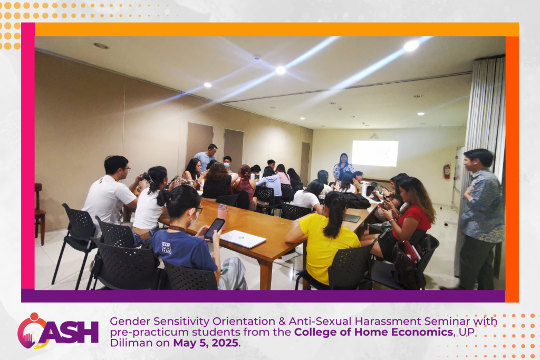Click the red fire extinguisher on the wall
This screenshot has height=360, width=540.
point(447,171)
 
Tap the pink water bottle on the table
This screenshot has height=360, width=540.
point(223,216)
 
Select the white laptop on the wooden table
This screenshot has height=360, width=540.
point(243,239)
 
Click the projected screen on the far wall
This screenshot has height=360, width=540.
point(375,153)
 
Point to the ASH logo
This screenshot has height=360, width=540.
point(58,331)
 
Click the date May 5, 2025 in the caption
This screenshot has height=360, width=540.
point(206,343)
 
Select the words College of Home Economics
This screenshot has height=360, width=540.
point(373,332)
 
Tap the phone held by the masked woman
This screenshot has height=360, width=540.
point(214,229)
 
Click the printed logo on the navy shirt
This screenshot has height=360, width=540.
point(166,248)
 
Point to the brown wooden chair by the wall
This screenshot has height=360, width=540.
point(40,213)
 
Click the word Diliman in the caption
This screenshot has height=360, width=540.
point(131,343)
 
